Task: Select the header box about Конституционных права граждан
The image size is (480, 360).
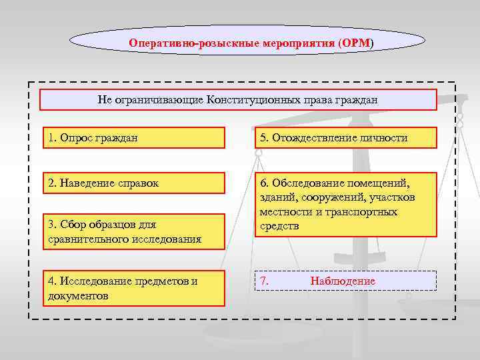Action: (238, 100)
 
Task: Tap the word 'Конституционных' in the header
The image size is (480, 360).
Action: (247, 100)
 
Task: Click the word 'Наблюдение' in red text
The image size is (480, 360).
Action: (343, 281)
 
